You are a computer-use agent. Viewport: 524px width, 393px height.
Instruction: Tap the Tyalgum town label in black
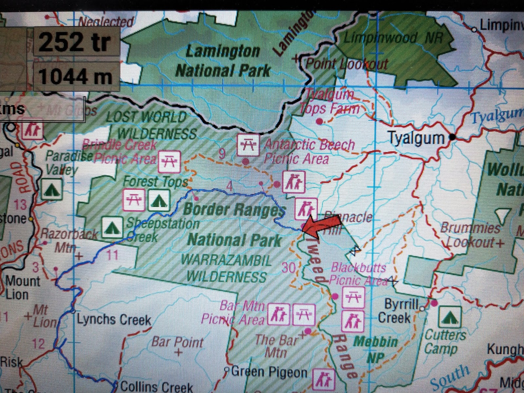416,138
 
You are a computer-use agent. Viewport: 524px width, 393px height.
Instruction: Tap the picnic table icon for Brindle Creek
169,161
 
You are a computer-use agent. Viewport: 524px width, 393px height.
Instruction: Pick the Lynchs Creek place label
114,319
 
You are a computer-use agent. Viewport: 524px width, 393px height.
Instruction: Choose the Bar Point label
177,343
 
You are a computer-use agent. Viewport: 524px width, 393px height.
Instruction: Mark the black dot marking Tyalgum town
452,137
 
